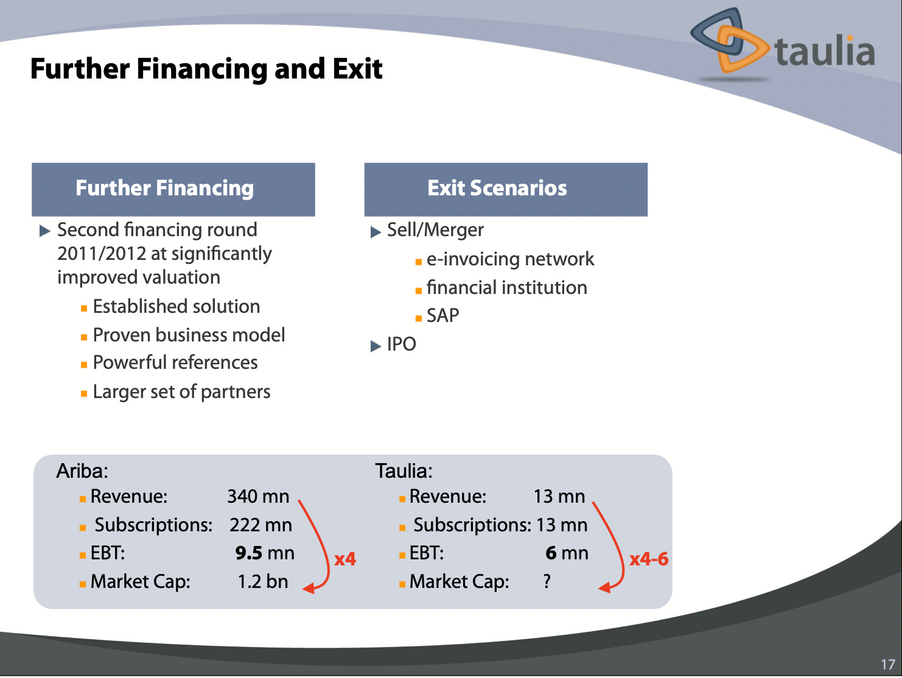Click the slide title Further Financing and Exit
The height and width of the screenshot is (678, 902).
206,69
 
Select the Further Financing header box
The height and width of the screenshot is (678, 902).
173,189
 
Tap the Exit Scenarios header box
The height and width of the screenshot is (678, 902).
505,189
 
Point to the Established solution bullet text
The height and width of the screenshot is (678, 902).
176,306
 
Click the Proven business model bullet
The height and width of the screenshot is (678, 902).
189,335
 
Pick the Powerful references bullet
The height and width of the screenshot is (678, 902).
175,363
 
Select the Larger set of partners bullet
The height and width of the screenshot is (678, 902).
181,392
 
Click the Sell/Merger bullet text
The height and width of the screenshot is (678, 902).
435,230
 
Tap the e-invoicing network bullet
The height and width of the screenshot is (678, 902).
510,259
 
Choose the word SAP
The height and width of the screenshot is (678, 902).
442,316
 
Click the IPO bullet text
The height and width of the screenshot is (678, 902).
401,344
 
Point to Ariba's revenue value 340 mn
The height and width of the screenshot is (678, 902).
258,497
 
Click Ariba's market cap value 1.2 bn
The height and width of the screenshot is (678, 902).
262,582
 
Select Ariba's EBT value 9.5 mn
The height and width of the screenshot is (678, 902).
265,553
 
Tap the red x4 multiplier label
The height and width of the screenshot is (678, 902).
345,559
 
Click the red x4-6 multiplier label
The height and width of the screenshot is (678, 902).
649,559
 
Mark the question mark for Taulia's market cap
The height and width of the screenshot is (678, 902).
547,582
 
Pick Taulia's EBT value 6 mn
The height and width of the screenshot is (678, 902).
567,553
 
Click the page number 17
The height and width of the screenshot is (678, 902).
888,664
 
